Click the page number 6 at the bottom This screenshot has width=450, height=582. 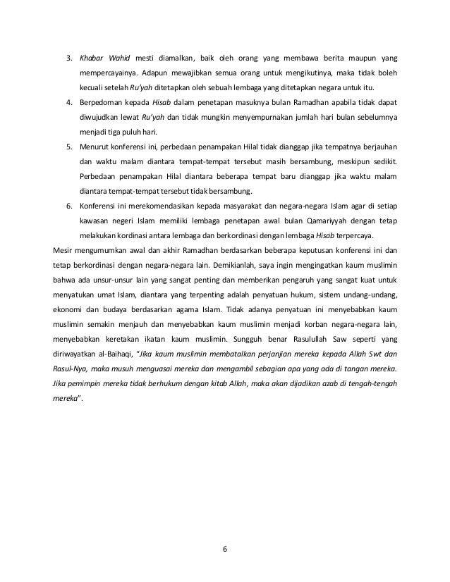pyautogui.click(x=225, y=549)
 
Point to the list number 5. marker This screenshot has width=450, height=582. pyautogui.click(x=69, y=148)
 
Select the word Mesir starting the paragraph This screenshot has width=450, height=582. pyautogui.click(x=65, y=250)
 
